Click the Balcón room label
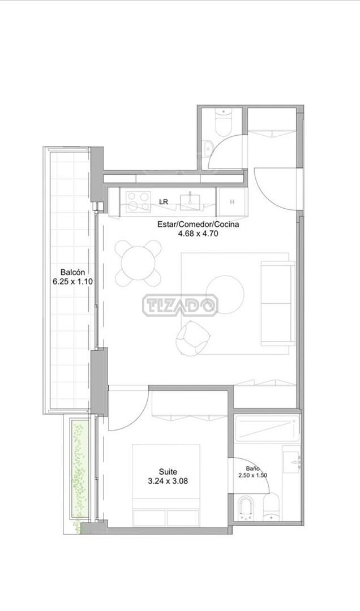72,272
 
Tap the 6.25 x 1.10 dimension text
72,281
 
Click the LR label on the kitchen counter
164,202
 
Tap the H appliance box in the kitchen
232,202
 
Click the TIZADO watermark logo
180,305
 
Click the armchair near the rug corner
192,339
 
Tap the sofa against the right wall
277,304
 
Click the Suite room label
168,472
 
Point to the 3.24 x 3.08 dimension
168,481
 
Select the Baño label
253,469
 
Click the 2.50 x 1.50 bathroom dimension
253,475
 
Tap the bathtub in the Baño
267,429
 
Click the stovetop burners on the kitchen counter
139,201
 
